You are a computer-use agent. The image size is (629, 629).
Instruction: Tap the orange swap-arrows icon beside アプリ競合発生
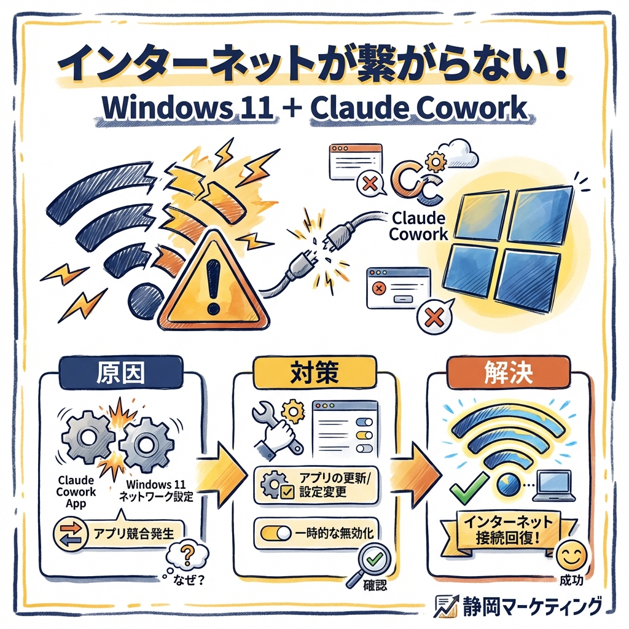pyautogui.click(x=68, y=532)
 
